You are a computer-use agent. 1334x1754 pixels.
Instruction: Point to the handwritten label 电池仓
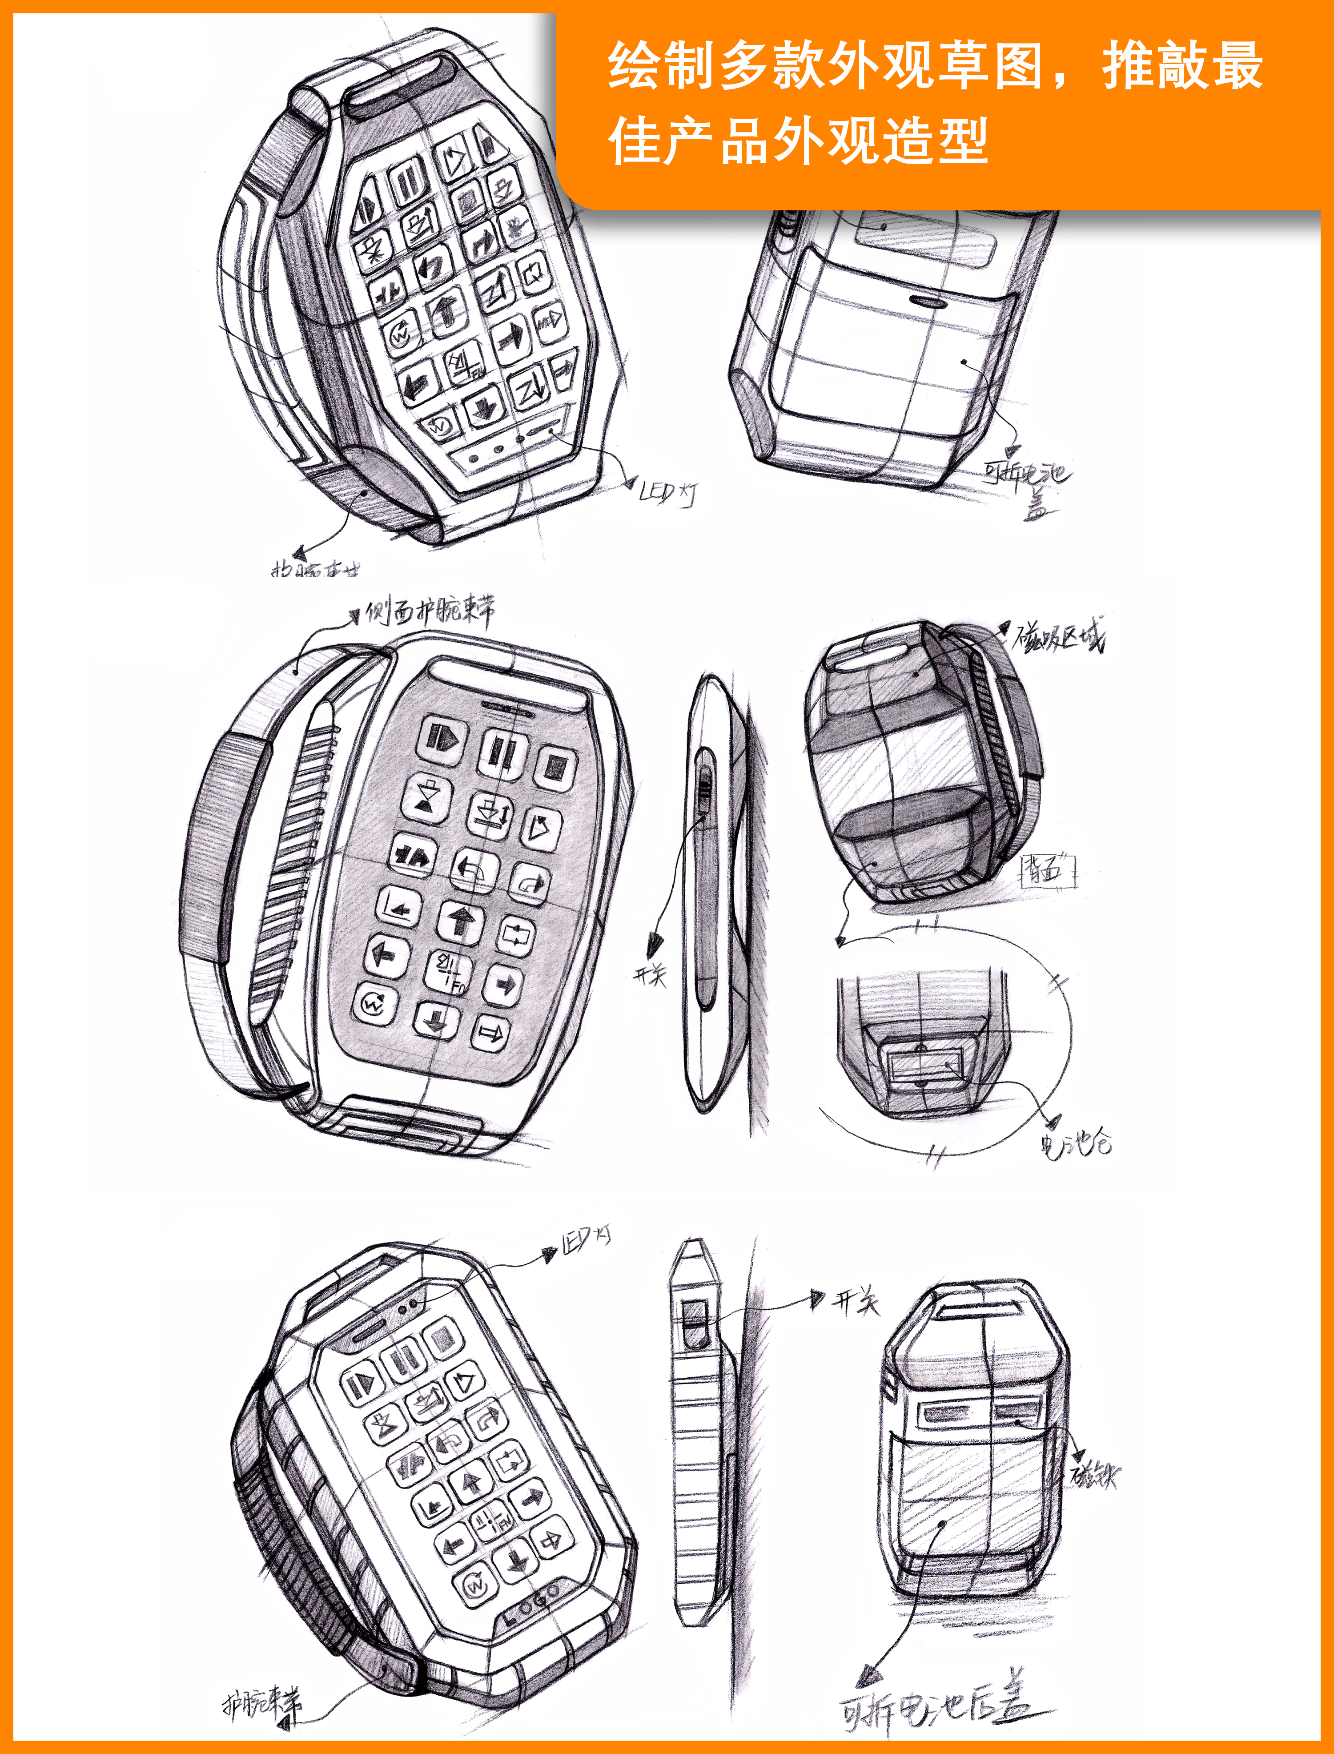pyautogui.click(x=1076, y=1143)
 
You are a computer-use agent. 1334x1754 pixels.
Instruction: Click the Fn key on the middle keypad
pyautogui.click(x=449, y=970)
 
